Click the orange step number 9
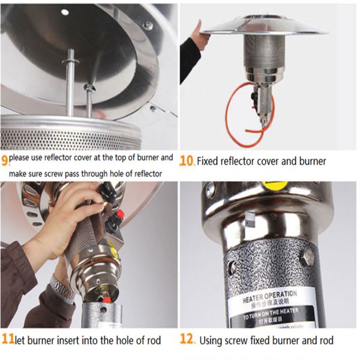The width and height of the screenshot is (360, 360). point(5,160)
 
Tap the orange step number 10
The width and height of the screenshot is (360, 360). point(187,161)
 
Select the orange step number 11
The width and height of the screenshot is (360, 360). point(7,340)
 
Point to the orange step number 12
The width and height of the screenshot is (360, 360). point(187,340)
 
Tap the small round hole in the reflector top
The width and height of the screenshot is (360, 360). point(65,12)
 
